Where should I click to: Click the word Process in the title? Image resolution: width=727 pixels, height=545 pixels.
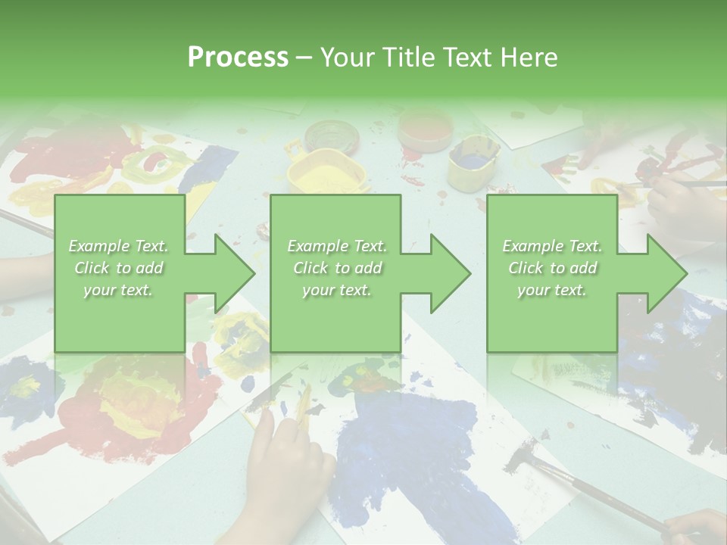(x=238, y=58)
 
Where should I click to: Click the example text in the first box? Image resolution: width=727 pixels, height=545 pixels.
(x=118, y=267)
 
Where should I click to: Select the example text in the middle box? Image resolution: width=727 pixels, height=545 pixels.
(x=336, y=267)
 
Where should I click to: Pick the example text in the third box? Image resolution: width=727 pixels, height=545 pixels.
(x=552, y=267)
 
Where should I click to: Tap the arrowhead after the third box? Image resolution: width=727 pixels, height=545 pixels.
(x=666, y=273)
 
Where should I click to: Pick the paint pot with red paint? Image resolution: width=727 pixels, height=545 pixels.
(x=424, y=128)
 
